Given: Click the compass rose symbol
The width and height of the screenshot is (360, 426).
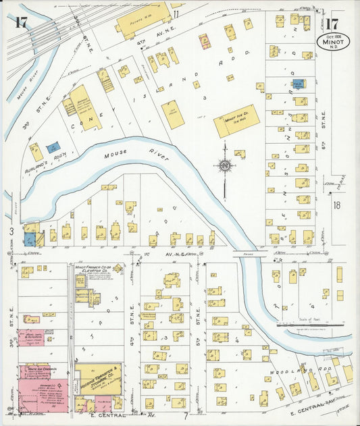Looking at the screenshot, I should click(x=225, y=165).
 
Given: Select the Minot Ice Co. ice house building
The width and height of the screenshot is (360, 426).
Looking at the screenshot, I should click(x=236, y=121).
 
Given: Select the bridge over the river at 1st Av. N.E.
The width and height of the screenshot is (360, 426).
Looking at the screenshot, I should click(x=244, y=255).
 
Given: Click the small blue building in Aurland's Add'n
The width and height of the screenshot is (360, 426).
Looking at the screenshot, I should click(x=52, y=145).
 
